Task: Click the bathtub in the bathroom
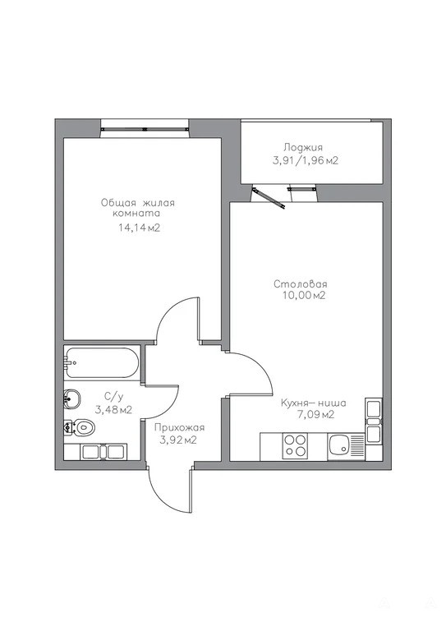102,362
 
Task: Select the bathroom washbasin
72,399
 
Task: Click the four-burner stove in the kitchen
295,445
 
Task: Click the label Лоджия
303,148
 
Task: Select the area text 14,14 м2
139,228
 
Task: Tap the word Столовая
300,284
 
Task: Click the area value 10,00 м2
304,296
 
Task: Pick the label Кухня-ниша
313,403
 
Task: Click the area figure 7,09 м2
315,414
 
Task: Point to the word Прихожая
179,428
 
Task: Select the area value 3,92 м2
178,440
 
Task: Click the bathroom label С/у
114,397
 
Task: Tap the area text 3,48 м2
113,410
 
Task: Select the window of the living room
145,129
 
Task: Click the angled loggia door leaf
269,198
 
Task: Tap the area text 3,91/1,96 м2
306,160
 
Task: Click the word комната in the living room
136,214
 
